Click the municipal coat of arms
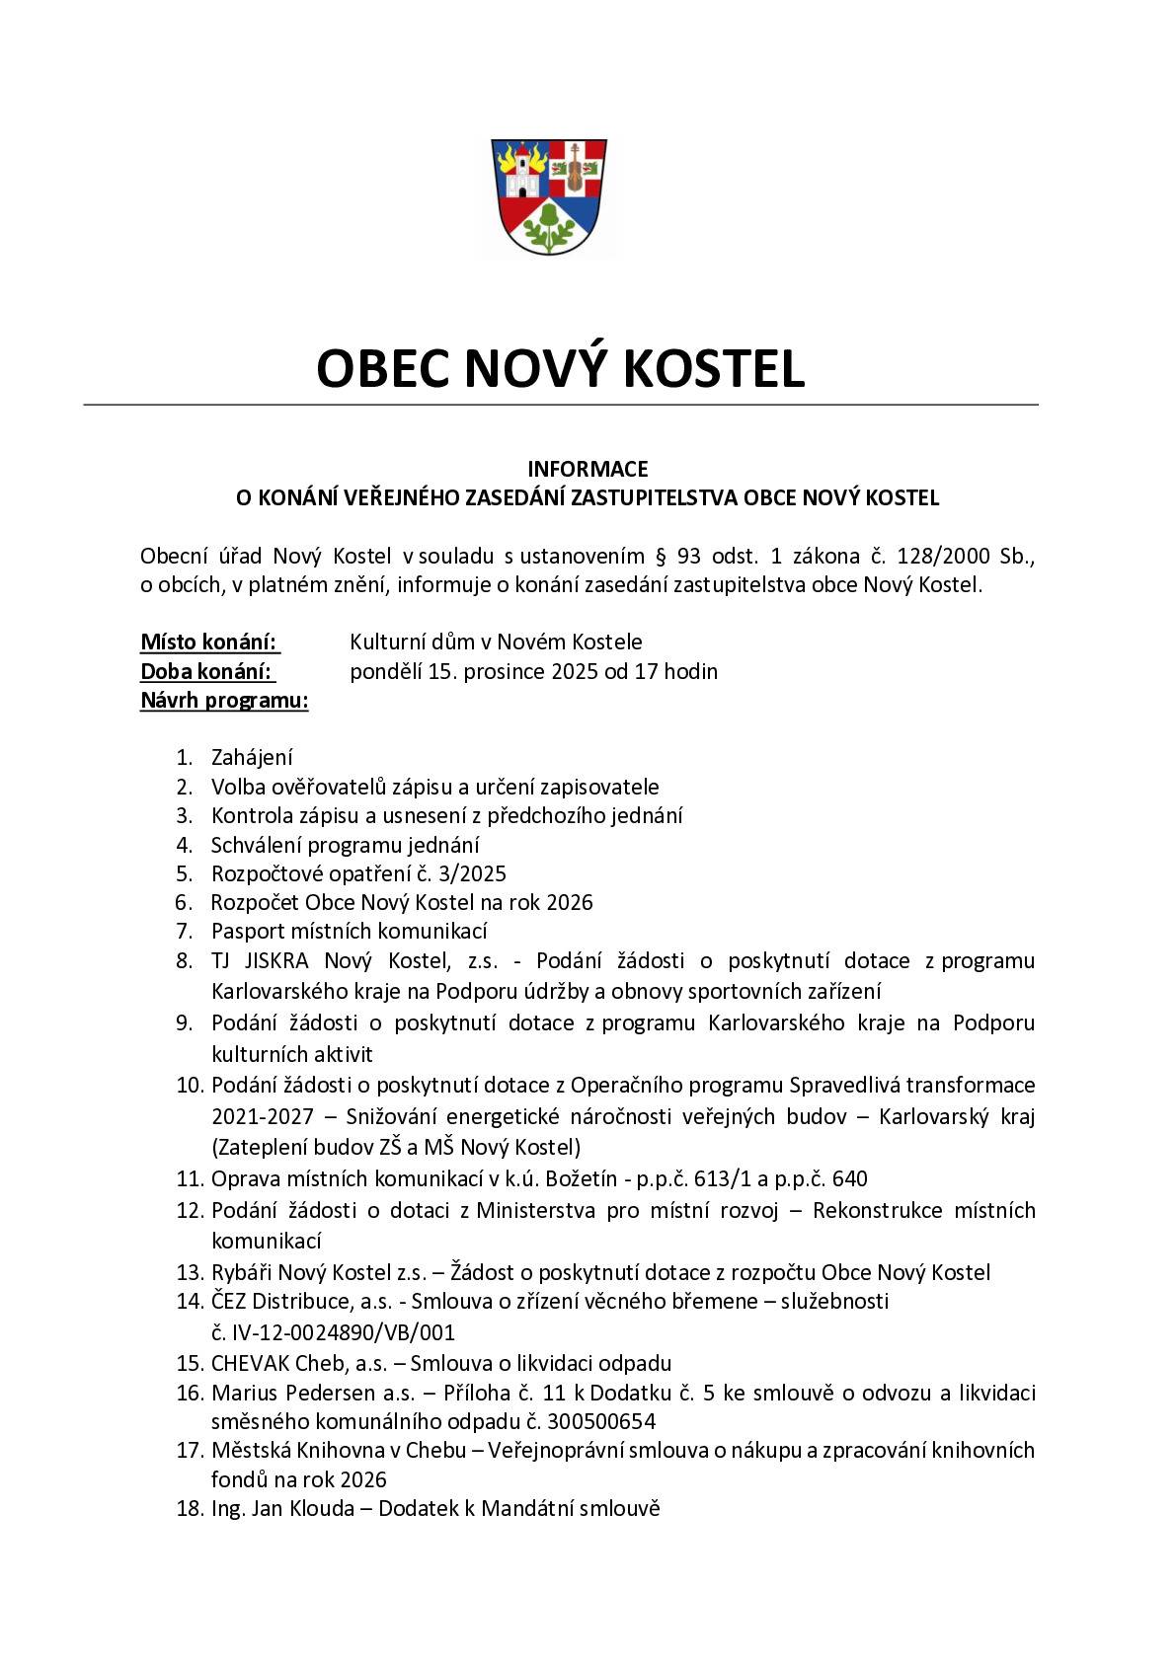[549, 196]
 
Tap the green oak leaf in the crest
[549, 227]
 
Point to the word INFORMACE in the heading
[588, 469]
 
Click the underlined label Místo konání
[208, 642]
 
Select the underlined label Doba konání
[206, 672]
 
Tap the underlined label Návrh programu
[224, 702]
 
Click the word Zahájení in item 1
[252, 758]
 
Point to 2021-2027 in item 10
[262, 1116]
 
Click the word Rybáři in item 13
[242, 1273]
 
